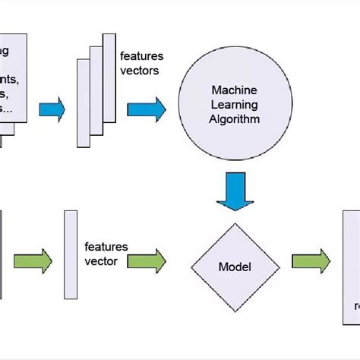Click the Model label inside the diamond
[235, 267]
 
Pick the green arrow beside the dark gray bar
[34, 261]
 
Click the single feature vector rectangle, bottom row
[70, 254]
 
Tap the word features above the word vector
[106, 247]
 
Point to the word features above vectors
[141, 55]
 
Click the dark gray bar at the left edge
[2, 254]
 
